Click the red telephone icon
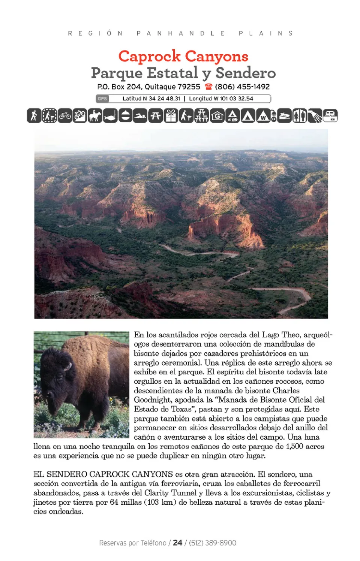coord(208,87)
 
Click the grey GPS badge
coord(102,99)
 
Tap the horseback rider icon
coord(94,116)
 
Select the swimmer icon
coord(140,116)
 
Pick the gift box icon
coord(171,116)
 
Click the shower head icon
coord(315,116)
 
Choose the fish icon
coord(110,116)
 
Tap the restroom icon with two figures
coord(299,116)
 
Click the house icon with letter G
coord(217,116)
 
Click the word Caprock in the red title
coord(149,57)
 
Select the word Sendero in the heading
coord(246,73)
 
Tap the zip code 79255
coord(189,87)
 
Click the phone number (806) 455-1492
coord(242,87)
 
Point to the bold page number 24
coord(177,543)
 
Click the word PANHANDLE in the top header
coord(181,33)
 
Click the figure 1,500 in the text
coord(294,446)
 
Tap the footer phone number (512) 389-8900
coord(212,543)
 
